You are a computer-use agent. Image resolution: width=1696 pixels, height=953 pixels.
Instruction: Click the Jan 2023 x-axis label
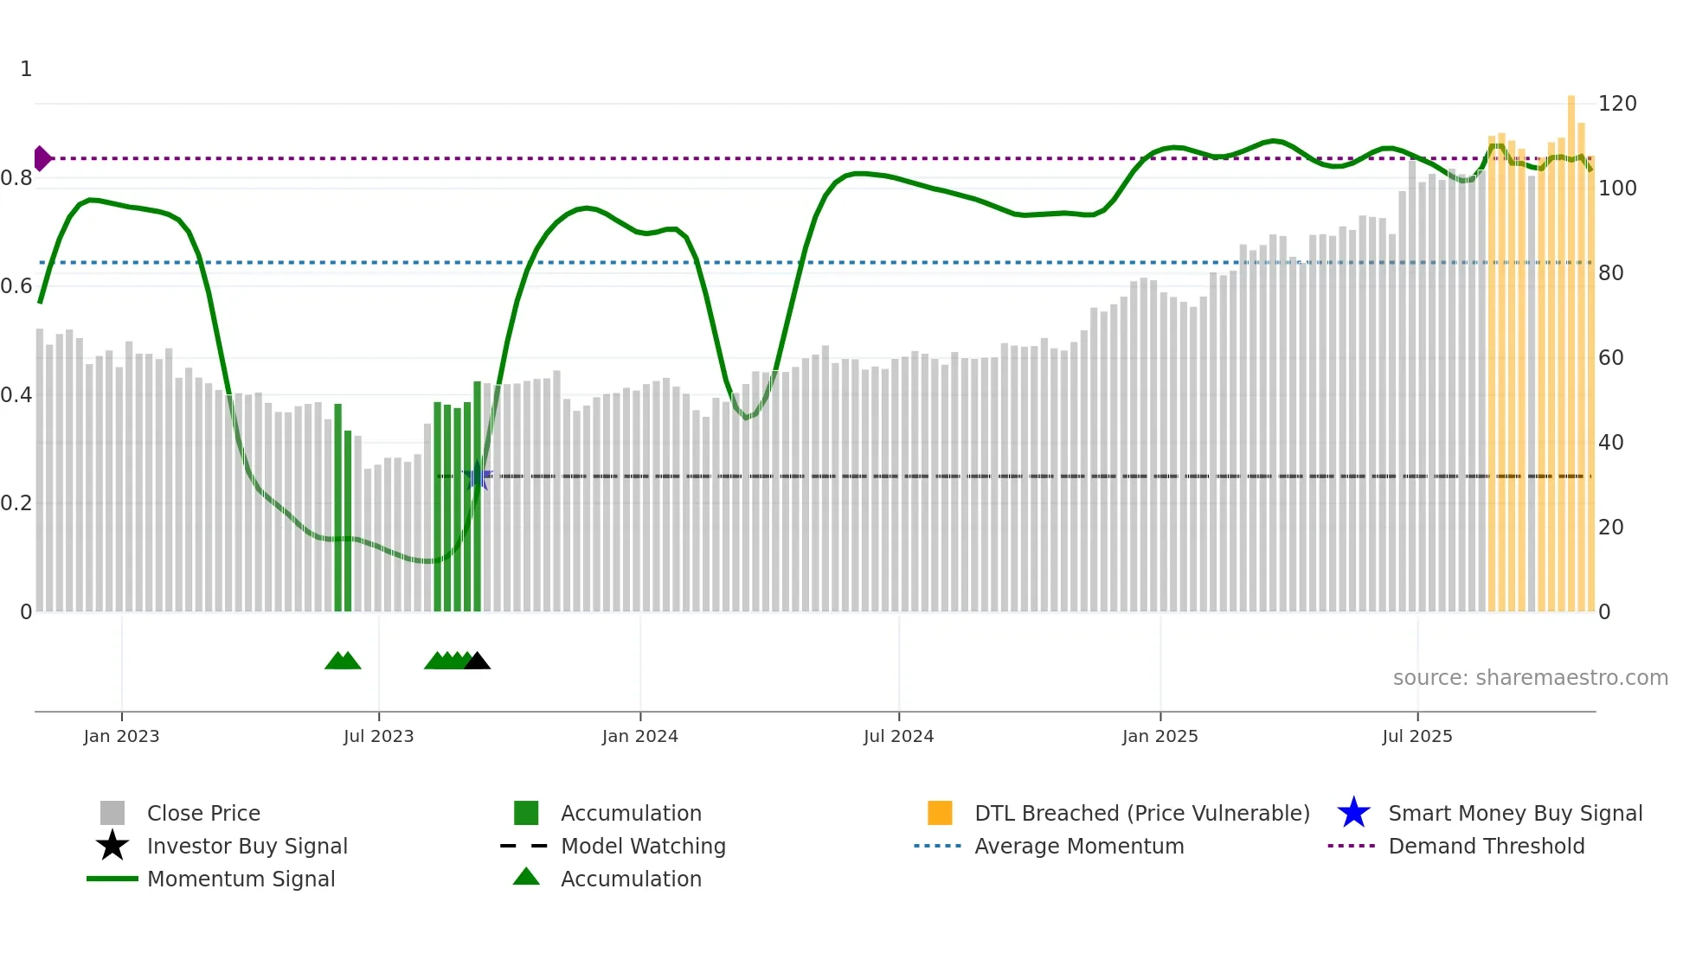pyautogui.click(x=121, y=736)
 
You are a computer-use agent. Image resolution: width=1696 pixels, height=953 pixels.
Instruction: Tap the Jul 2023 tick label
pyautogui.click(x=378, y=736)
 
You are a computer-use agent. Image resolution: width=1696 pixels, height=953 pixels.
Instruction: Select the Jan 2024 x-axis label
pyautogui.click(x=639, y=736)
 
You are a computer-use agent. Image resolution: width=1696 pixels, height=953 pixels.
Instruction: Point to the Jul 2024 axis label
pyautogui.click(x=898, y=736)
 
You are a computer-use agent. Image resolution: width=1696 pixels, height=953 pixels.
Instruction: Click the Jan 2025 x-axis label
pyautogui.click(x=1160, y=736)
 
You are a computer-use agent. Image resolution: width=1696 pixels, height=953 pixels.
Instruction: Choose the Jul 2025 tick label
pyautogui.click(x=1417, y=736)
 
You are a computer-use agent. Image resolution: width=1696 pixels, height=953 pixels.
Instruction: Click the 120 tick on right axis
pyautogui.click(x=1617, y=104)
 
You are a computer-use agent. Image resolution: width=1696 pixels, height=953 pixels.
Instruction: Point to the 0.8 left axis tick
pyautogui.click(x=16, y=178)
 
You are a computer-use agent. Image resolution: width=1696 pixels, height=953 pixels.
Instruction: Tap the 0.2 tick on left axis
pyautogui.click(x=16, y=503)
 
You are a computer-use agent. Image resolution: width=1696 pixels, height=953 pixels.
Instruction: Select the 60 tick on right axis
pyautogui.click(x=1611, y=358)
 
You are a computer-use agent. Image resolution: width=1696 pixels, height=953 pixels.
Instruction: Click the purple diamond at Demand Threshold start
pyautogui.click(x=42, y=158)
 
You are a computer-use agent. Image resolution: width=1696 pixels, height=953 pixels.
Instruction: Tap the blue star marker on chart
pyautogui.click(x=477, y=476)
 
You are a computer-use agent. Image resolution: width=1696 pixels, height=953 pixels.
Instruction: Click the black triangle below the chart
pyautogui.click(x=477, y=662)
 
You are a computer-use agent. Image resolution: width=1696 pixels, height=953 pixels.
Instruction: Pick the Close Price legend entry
pyautogui.click(x=203, y=813)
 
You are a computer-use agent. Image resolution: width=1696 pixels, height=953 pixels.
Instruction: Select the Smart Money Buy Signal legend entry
pyautogui.click(x=1514, y=813)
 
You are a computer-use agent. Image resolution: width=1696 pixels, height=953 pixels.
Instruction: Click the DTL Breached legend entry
pyautogui.click(x=1141, y=813)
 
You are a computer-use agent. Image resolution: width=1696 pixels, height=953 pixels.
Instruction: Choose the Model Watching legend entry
pyautogui.click(x=643, y=846)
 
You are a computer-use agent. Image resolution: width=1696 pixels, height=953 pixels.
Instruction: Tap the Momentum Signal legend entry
pyautogui.click(x=241, y=879)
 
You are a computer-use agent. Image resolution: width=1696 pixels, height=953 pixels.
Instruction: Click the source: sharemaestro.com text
pyautogui.click(x=1530, y=678)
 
